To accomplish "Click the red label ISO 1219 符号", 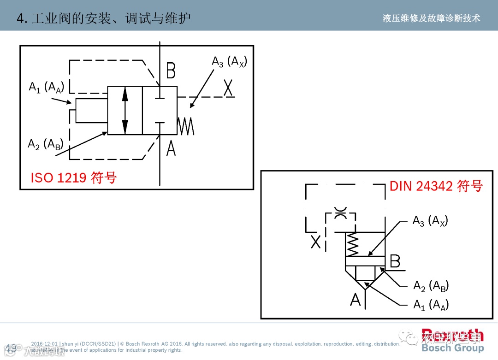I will click(x=74, y=177).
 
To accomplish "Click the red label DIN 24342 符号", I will click(x=436, y=186).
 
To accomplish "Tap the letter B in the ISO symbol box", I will click(x=171, y=71).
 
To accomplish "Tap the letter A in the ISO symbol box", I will click(x=171, y=148).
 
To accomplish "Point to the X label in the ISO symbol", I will click(x=228, y=88).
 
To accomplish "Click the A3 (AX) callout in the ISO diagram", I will click(x=229, y=62).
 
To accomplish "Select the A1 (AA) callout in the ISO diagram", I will click(x=46, y=87).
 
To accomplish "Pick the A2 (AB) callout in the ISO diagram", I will click(x=45, y=144).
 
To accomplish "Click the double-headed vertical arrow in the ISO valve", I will click(x=125, y=111).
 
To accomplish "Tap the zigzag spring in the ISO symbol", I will click(x=186, y=126).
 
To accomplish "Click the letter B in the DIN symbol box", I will click(x=395, y=261).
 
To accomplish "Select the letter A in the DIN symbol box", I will click(x=355, y=300).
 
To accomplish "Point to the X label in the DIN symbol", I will click(x=315, y=241).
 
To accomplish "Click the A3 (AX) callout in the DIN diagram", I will click(x=430, y=221).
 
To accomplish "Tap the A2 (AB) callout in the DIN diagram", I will click(x=431, y=286).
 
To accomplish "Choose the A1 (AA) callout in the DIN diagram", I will click(x=431, y=305).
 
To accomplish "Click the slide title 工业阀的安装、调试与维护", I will click(x=104, y=18).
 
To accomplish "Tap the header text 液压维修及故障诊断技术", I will click(x=431, y=18).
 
